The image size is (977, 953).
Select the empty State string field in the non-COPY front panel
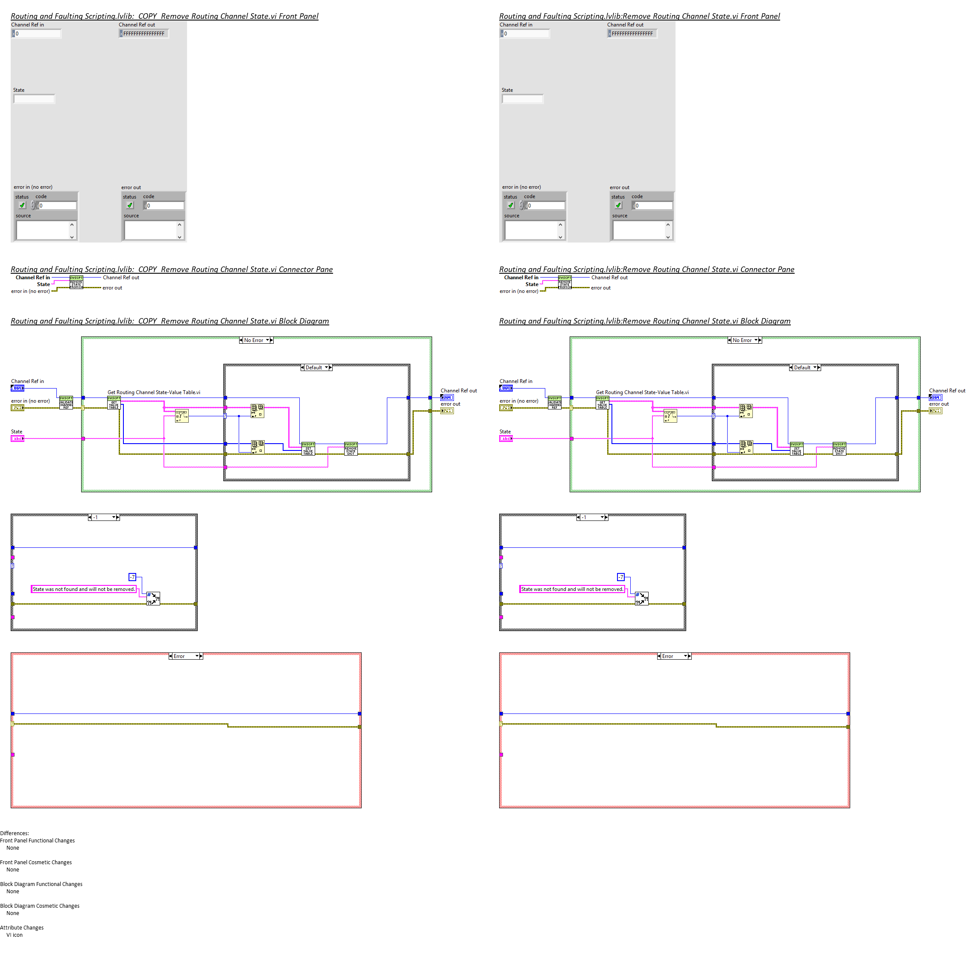coord(523,99)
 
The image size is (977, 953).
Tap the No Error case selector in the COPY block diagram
coord(256,340)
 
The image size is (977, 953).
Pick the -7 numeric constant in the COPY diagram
coord(132,577)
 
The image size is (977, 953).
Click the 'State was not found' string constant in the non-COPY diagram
coord(572,589)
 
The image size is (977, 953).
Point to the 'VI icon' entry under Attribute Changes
coord(15,935)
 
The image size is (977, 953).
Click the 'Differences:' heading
coord(15,833)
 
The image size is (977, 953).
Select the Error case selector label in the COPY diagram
coord(185,656)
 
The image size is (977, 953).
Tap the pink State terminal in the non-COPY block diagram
coord(506,438)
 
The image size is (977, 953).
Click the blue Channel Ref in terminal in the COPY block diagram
coord(18,388)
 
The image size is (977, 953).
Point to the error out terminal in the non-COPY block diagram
coord(935,411)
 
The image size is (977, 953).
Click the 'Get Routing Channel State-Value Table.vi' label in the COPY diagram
coord(154,392)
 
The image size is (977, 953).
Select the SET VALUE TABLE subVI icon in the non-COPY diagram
coord(796,448)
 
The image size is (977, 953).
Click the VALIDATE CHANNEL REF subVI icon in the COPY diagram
coord(66,403)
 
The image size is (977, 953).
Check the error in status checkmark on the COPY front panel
coord(22,205)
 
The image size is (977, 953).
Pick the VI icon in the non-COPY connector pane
coord(565,282)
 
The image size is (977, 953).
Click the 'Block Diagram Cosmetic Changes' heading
coord(40,906)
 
